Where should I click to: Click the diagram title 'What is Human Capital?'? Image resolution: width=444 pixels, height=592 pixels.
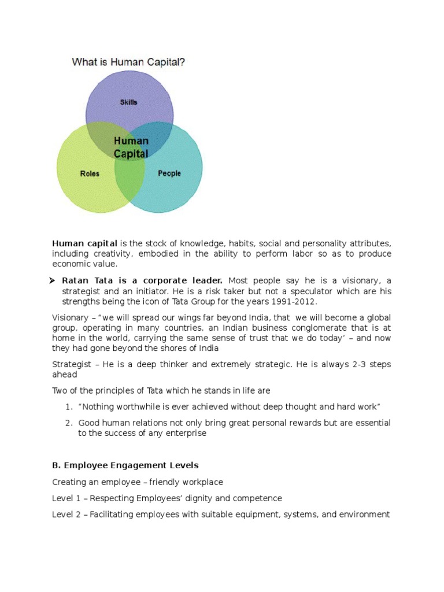point(128,62)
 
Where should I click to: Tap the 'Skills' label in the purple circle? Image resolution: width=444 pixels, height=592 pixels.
point(128,102)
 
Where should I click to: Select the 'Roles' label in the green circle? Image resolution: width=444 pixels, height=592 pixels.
point(89,173)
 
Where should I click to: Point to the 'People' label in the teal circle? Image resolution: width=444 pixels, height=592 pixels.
point(169,173)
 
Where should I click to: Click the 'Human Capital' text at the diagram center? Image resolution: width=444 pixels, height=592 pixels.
point(131,147)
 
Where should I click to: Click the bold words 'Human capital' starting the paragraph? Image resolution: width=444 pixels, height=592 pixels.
point(85,243)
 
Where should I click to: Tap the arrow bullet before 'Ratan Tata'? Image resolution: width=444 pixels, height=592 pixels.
point(56,280)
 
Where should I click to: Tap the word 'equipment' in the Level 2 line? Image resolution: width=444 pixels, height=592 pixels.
point(257,514)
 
